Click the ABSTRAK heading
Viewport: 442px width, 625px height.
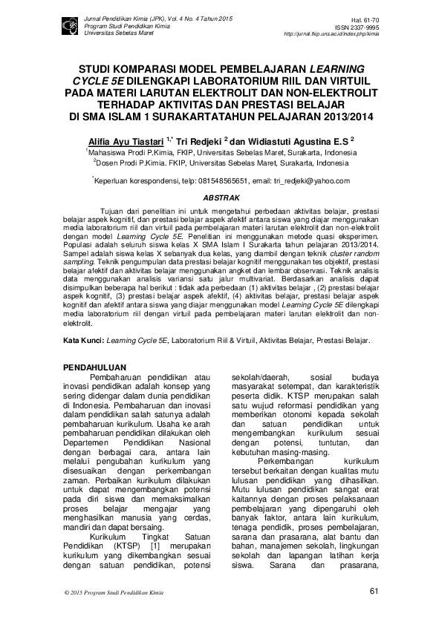click(221, 198)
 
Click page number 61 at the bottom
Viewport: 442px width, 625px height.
click(373, 592)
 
